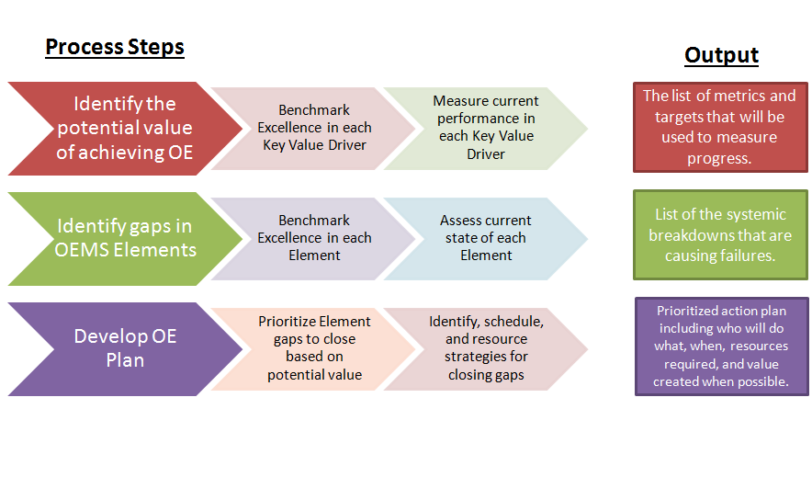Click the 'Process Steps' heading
click(115, 47)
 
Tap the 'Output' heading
click(721, 55)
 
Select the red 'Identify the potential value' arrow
click(124, 128)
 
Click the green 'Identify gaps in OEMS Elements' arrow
click(124, 237)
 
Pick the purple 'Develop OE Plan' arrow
click(124, 347)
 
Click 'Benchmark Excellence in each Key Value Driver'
click(314, 128)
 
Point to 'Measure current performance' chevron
click(486, 128)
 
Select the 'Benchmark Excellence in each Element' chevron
click(314, 237)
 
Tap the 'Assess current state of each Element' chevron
click(486, 237)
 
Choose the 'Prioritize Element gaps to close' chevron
click(314, 347)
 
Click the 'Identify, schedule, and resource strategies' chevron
click(486, 347)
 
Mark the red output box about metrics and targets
click(719, 127)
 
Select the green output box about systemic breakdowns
click(720, 234)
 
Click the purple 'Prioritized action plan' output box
click(721, 346)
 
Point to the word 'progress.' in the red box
click(719, 158)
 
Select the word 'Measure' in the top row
click(457, 101)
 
